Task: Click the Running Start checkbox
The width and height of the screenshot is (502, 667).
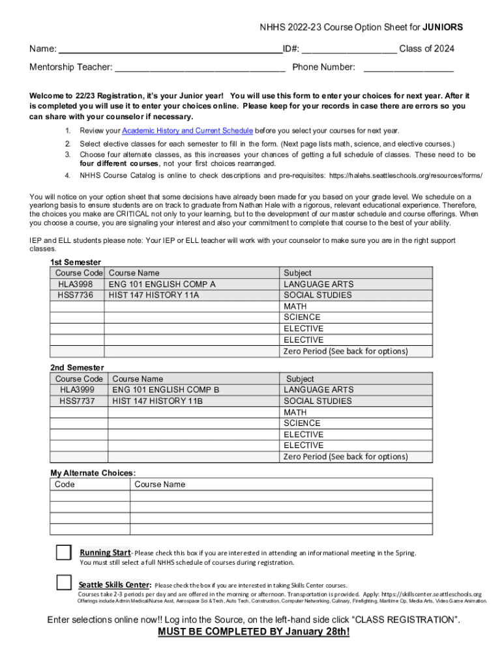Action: tap(63, 552)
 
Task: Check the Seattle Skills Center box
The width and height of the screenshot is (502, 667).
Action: tap(63, 582)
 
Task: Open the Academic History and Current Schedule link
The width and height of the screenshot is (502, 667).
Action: tap(187, 130)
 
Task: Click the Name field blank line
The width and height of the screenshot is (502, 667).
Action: tap(170, 50)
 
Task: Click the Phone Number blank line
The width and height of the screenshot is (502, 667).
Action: tap(408, 67)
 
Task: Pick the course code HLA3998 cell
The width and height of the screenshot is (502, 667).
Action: tap(76, 284)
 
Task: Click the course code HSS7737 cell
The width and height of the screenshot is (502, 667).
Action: tap(77, 401)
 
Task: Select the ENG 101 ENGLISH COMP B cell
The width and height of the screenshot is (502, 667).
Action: tap(166, 390)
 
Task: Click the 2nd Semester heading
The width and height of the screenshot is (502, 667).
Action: tap(77, 367)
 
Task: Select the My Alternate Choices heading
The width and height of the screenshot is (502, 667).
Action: tap(93, 473)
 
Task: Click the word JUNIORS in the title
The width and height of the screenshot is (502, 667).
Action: tap(443, 27)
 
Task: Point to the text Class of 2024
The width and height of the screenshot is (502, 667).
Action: tap(426, 49)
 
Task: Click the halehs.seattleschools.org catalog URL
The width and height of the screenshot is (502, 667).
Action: tap(406, 175)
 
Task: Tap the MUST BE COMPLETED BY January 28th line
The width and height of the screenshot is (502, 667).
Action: tap(254, 632)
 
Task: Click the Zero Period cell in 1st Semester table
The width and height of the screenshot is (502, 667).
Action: tap(346, 351)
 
